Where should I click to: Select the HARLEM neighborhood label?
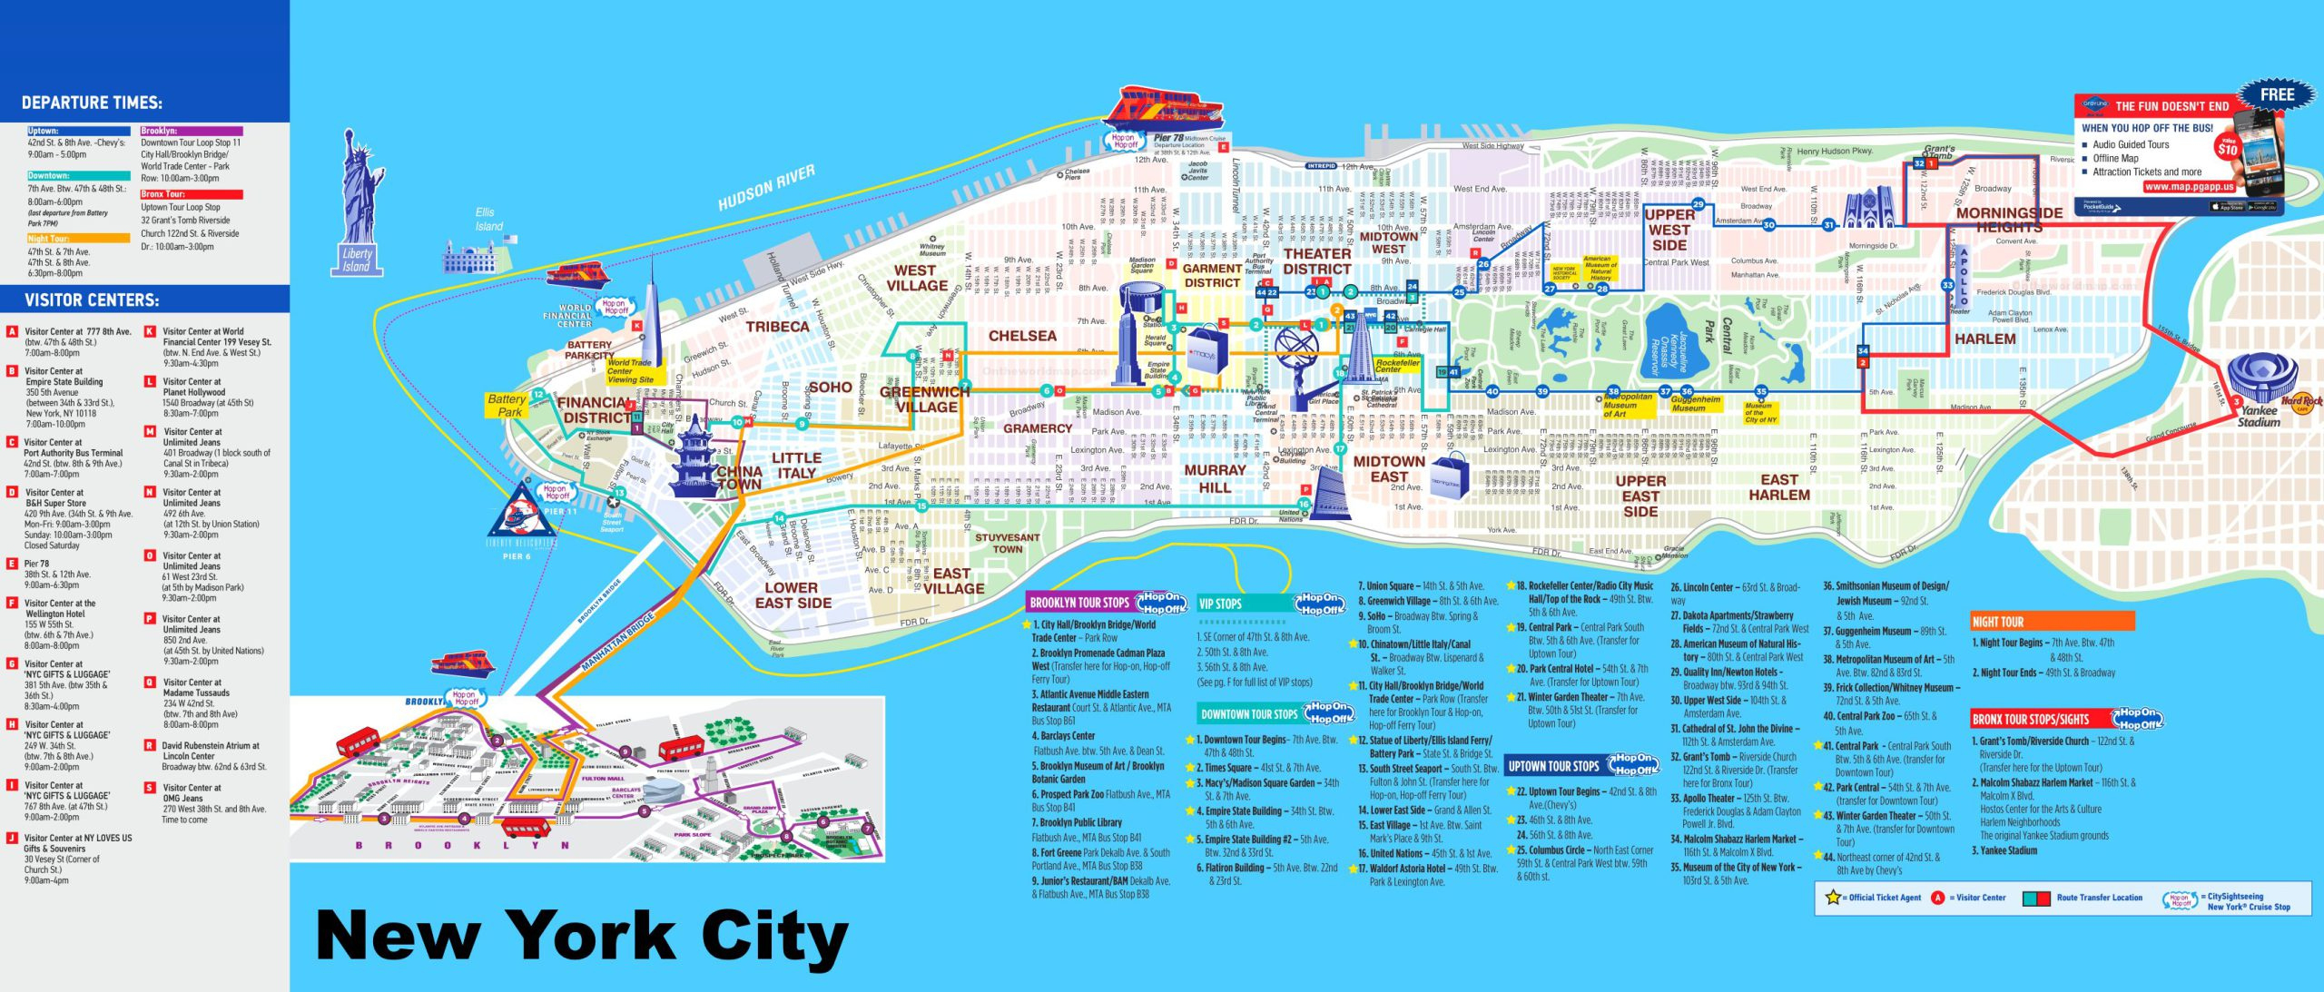click(1984, 339)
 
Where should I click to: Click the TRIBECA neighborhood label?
click(777, 327)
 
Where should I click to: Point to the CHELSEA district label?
click(1022, 336)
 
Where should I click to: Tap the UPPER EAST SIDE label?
click(1640, 496)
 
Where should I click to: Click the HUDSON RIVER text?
click(766, 188)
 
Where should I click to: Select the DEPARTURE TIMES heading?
click(92, 103)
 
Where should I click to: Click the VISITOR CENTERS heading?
click(91, 300)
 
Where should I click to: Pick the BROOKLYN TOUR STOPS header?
click(1078, 603)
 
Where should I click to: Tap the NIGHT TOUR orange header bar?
click(2052, 622)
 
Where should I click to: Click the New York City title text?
click(581, 935)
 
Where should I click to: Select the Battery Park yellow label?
click(507, 405)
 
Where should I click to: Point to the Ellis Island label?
click(488, 219)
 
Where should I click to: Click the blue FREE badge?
click(2276, 94)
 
